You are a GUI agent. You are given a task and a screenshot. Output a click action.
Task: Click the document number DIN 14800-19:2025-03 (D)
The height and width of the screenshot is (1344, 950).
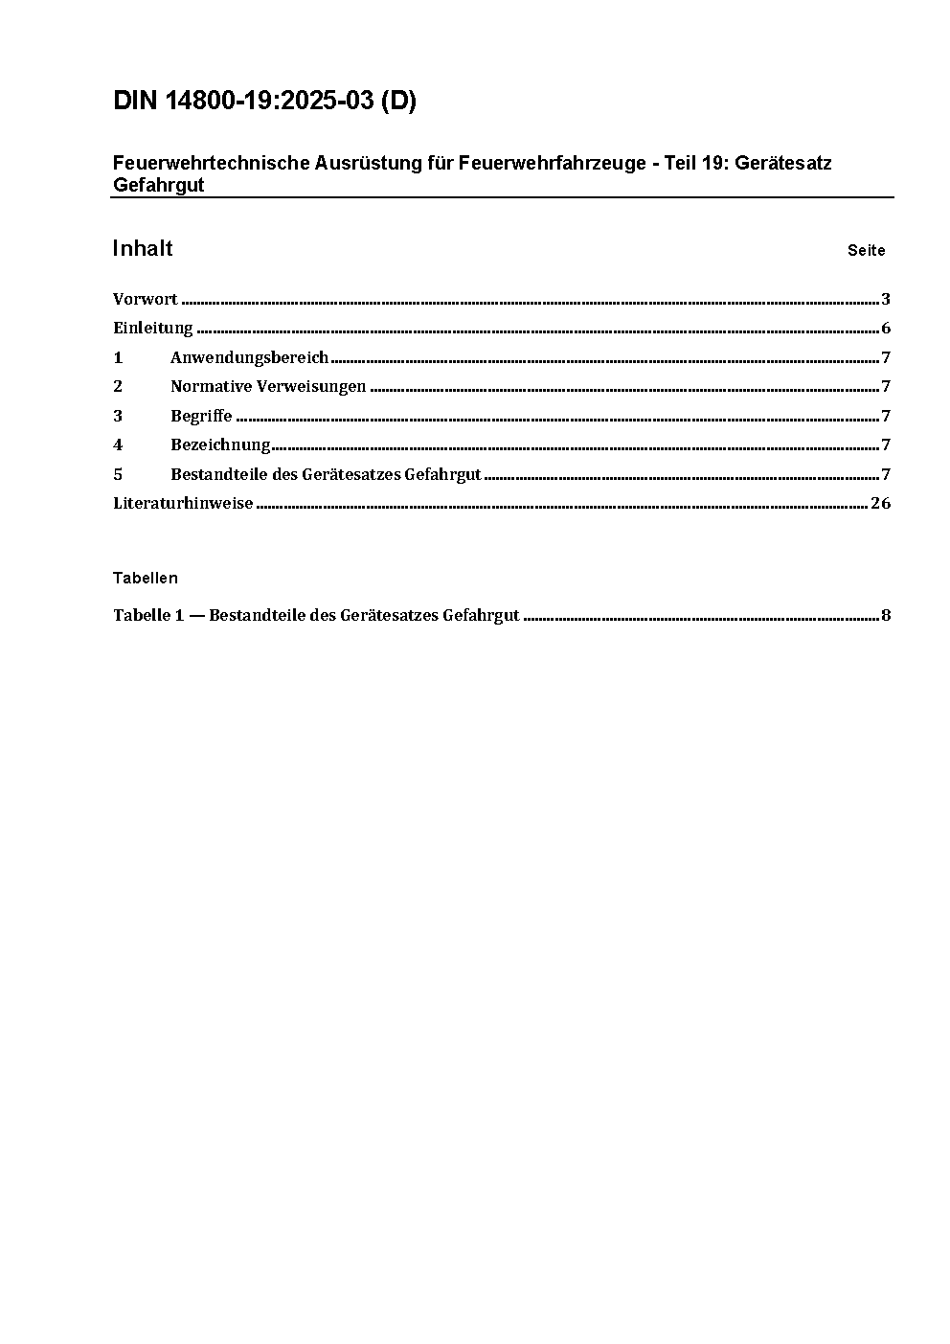tap(264, 102)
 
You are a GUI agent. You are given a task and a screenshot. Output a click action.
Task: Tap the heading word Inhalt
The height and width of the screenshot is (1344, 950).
tap(143, 249)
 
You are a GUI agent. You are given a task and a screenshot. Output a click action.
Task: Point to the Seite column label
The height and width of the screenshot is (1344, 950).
tap(866, 251)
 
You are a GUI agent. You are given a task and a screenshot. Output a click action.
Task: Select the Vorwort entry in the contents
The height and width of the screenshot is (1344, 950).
tap(146, 299)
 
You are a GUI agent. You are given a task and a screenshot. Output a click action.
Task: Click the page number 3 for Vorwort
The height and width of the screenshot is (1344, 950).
tap(886, 299)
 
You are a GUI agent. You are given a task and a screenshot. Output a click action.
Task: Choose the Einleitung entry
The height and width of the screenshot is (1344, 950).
tap(153, 328)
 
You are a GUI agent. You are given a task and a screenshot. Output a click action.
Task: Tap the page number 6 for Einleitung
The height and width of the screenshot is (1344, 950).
tap(886, 328)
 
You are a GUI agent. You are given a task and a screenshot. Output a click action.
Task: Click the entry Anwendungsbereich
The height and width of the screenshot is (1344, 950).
tap(249, 357)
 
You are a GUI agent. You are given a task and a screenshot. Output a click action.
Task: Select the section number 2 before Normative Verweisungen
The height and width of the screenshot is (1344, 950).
tap(118, 386)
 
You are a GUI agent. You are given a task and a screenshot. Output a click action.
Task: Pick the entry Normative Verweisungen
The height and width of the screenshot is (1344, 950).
tap(268, 386)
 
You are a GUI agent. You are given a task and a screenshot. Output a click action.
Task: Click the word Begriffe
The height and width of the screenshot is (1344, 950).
tap(201, 416)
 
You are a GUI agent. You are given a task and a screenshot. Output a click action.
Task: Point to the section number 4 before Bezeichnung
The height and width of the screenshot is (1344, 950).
tap(118, 444)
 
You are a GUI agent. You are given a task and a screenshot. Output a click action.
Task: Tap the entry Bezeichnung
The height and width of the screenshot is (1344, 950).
tap(220, 444)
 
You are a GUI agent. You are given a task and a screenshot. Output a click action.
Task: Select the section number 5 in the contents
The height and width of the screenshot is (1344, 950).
tap(118, 474)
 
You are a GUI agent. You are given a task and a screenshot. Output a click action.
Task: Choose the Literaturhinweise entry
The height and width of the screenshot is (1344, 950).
tap(183, 503)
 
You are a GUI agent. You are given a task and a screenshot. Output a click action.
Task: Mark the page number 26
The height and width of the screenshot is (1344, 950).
tap(880, 503)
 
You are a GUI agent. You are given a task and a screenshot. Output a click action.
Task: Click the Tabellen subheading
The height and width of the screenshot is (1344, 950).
tap(146, 578)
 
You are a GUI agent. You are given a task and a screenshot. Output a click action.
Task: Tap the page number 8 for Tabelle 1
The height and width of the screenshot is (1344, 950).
tap(886, 615)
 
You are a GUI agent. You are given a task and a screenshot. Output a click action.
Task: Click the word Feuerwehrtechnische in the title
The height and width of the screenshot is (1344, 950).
tap(212, 163)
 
